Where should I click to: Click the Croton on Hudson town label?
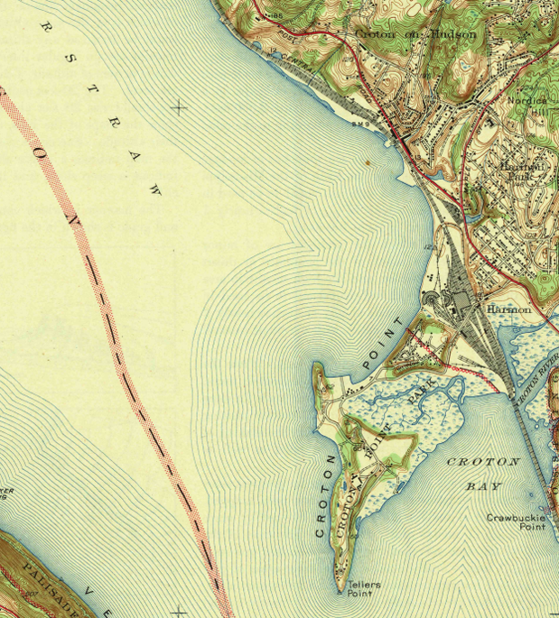415,34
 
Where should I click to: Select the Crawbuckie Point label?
516,522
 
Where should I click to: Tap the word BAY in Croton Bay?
483,485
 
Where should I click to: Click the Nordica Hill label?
528,100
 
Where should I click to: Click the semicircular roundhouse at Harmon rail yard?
433,299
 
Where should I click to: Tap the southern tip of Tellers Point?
341,592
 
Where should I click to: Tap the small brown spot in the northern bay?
368,163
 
